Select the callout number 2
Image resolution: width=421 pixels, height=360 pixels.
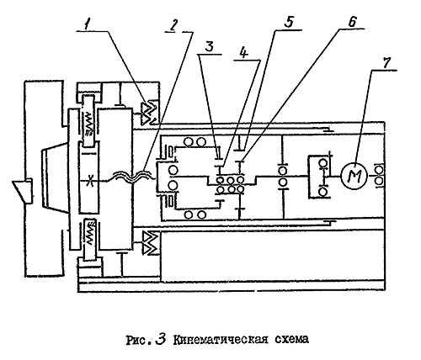pyautogui.click(x=173, y=26)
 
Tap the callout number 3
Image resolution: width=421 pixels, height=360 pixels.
pyautogui.click(x=209, y=46)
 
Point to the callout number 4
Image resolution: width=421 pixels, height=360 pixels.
pyautogui.click(x=244, y=53)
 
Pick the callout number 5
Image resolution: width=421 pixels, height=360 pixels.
pyautogui.click(x=288, y=22)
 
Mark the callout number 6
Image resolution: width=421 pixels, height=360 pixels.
pyautogui.click(x=352, y=22)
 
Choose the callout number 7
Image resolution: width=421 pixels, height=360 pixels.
pyautogui.click(x=386, y=63)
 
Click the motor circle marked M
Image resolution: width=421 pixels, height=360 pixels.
pyautogui.click(x=354, y=176)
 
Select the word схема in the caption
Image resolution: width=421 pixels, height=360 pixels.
pyautogui.click(x=291, y=340)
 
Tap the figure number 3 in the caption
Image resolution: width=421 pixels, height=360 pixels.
pyautogui.click(x=161, y=339)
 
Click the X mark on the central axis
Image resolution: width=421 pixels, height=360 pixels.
pyautogui.click(x=90, y=180)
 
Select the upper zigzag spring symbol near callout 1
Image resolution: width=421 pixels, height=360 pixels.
pyautogui.click(x=150, y=113)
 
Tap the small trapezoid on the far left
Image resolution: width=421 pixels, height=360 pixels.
pyautogui.click(x=23, y=192)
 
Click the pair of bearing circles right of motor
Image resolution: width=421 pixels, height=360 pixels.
pyautogui.click(x=380, y=177)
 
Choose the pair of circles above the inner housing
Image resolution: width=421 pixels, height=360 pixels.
pyautogui.click(x=195, y=142)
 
